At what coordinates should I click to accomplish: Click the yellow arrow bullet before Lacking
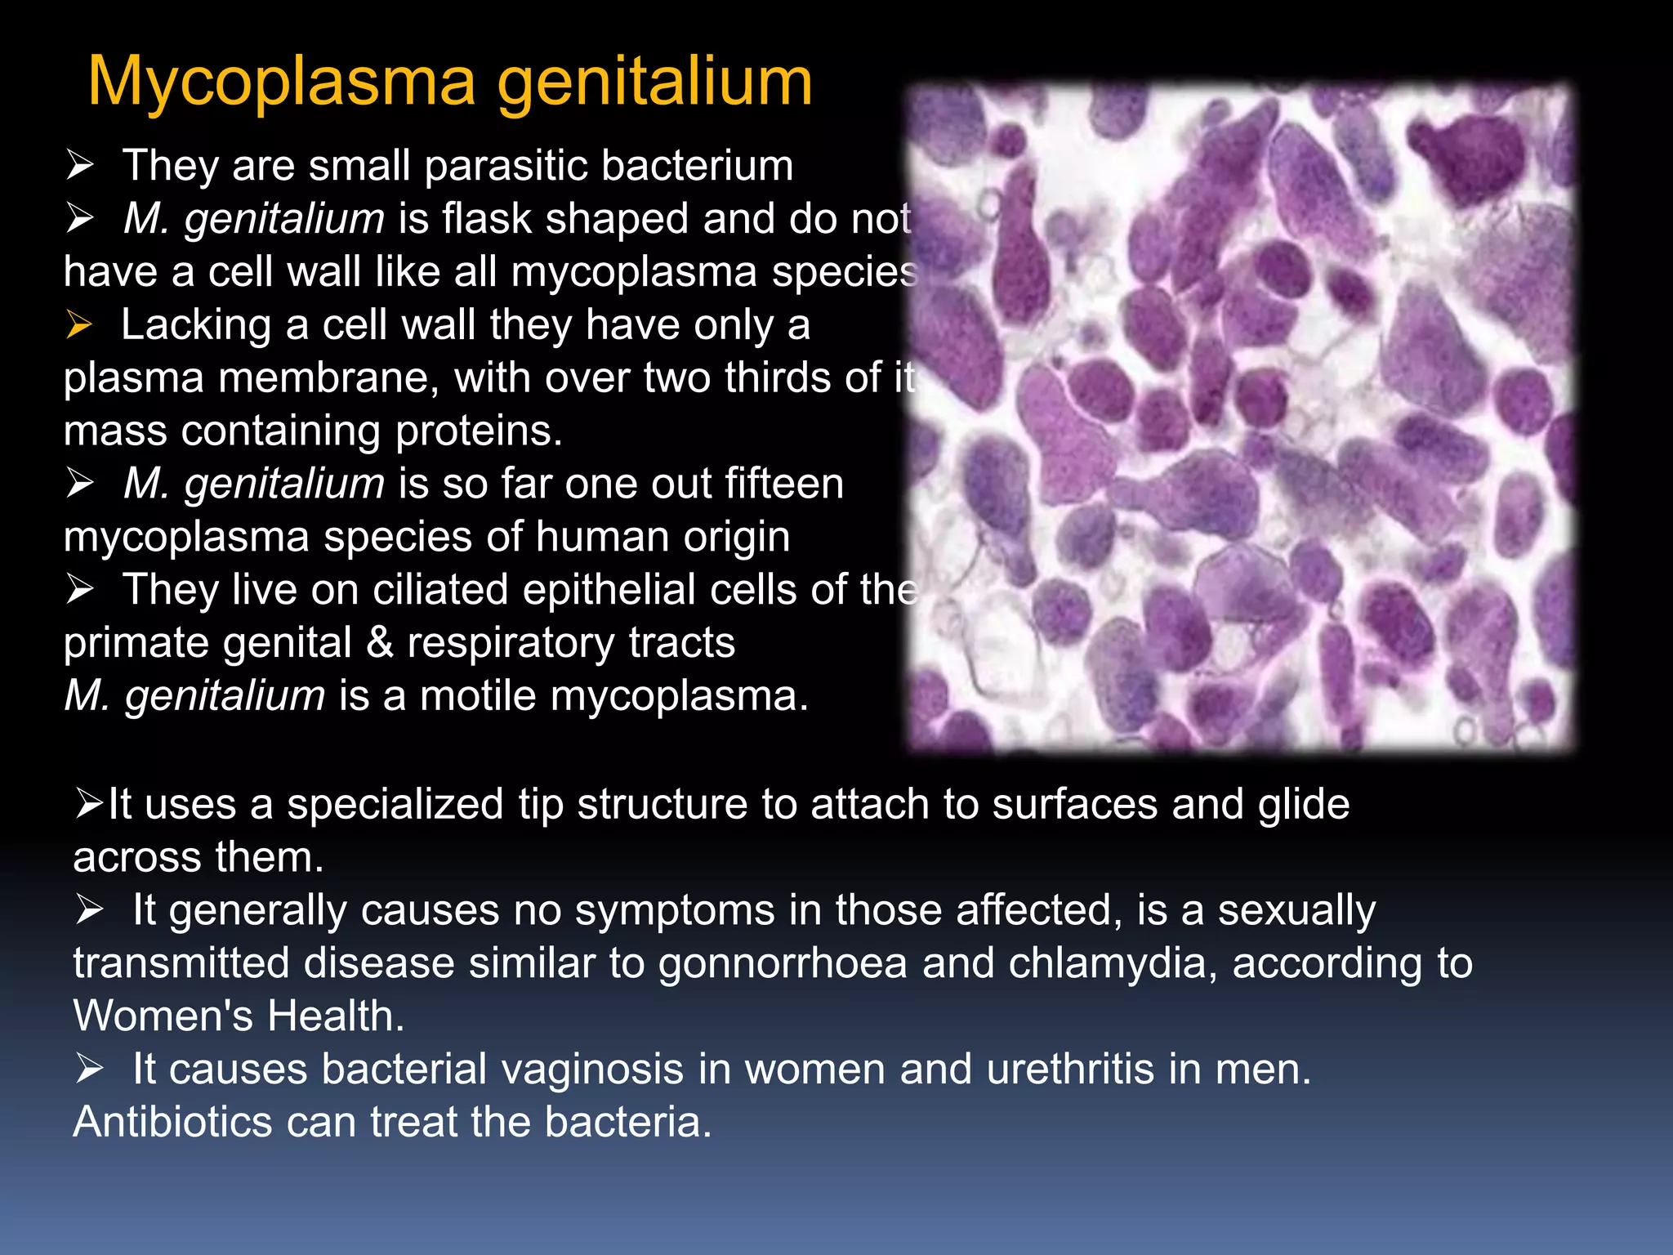point(79,325)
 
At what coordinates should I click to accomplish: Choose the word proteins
point(479,431)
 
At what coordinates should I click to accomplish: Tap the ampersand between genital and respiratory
point(379,643)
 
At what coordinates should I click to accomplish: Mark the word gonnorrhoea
point(783,964)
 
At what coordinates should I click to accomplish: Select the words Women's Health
point(239,1016)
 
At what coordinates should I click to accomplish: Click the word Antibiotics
point(172,1123)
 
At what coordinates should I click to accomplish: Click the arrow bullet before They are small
point(80,167)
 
